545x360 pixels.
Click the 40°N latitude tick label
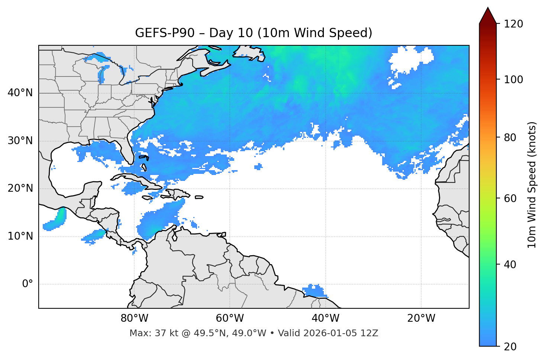tap(20, 93)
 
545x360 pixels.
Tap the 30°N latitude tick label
tap(20, 141)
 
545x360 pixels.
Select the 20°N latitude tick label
tap(20, 188)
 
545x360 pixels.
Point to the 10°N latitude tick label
tap(20, 236)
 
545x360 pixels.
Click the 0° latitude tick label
tap(28, 284)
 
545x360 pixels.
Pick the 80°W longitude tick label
tap(134, 318)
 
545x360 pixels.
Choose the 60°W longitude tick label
tap(230, 318)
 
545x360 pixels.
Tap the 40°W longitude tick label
tap(325, 318)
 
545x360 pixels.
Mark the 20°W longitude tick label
tap(421, 318)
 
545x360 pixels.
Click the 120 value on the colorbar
tap(513, 24)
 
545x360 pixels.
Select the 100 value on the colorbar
tap(513, 80)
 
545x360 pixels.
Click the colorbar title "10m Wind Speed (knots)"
tap(532, 185)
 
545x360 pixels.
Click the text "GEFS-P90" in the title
tap(165, 33)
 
